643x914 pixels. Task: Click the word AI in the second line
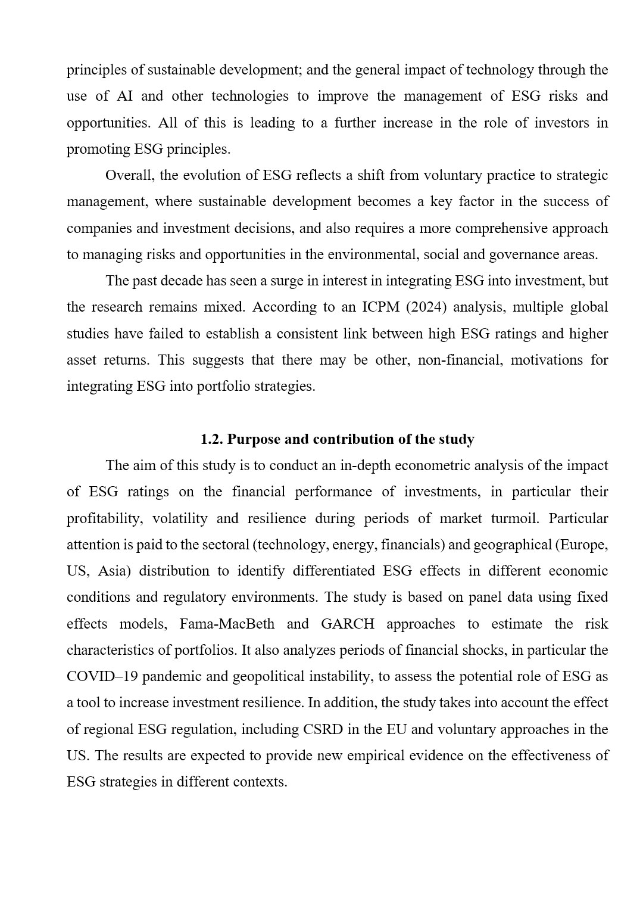124,97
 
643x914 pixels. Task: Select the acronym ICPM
377,307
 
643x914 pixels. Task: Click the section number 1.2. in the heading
212,440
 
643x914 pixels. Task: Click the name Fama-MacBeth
227,624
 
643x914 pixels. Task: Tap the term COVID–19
102,677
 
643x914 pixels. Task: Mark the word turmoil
513,518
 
